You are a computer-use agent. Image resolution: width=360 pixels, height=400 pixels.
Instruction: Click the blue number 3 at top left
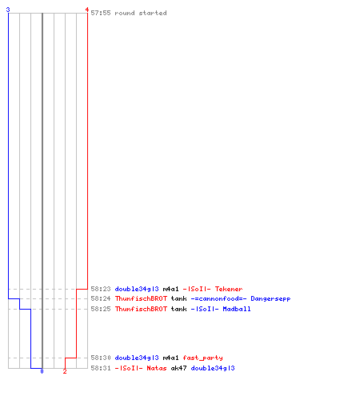8,10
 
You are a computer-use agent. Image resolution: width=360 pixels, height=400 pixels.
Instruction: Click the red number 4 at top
87,10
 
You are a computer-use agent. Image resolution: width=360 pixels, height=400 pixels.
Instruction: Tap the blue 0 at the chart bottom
42,371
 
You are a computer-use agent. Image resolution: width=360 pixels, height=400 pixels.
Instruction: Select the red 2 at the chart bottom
65,371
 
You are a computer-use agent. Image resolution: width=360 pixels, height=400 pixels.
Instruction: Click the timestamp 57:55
101,13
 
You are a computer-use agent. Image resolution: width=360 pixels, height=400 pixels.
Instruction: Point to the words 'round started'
141,13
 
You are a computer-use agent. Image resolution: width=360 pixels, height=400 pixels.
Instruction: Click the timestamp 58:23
101,289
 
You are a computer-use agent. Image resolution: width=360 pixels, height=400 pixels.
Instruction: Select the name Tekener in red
229,289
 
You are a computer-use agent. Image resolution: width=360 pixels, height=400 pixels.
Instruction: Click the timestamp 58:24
101,298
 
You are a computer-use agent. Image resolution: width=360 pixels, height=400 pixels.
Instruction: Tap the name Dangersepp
270,298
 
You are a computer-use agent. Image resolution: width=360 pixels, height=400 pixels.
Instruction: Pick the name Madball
237,309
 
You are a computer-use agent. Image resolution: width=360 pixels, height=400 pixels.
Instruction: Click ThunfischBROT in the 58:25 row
141,309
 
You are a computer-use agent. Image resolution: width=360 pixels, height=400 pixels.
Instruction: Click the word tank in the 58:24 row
179,298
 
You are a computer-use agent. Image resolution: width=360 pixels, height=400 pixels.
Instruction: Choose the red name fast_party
202,358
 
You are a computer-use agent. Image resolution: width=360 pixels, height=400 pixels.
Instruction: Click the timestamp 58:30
101,358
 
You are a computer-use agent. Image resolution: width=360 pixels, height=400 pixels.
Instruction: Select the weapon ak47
178,368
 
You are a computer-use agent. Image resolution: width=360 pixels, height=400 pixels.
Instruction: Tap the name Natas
157,368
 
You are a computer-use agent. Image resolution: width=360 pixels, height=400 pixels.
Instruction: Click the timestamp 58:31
101,368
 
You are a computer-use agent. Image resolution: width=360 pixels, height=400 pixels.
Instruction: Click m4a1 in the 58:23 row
170,289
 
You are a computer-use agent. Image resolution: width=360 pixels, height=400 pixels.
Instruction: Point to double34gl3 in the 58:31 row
213,368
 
